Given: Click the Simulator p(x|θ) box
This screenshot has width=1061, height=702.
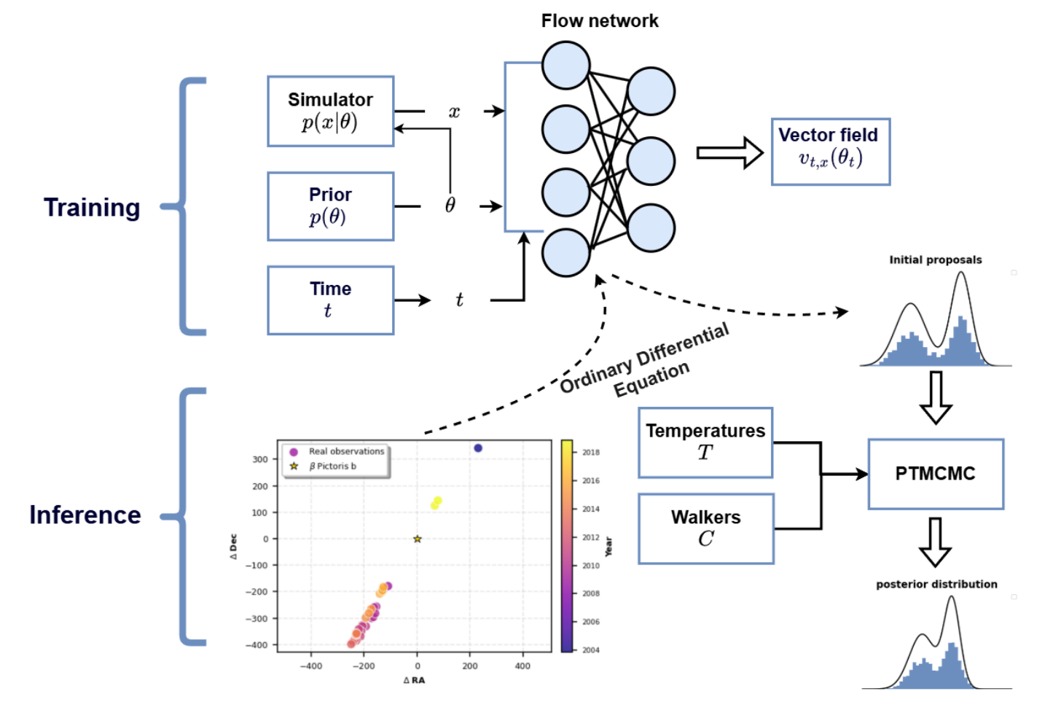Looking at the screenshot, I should [x=330, y=112].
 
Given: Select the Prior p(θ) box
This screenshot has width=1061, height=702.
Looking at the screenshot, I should [x=330, y=206].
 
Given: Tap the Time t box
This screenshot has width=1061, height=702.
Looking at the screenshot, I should [x=330, y=300].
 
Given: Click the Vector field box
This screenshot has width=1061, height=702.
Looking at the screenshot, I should [x=830, y=152].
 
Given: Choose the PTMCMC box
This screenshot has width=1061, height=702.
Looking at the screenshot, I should [x=935, y=474].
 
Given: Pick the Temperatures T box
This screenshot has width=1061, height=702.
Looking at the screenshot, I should [x=705, y=442].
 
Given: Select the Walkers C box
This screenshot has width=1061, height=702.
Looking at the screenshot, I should [x=705, y=529].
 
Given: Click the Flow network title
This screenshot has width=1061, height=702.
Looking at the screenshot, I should [x=599, y=21].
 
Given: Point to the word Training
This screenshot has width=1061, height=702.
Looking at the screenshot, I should [x=92, y=208].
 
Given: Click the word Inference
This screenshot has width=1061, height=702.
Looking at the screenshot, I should [x=85, y=515].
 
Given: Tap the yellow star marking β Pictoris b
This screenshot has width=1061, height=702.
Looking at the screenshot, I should [x=418, y=539].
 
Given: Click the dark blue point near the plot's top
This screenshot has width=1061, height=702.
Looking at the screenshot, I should [x=478, y=448].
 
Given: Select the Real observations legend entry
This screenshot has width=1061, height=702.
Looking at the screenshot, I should [x=345, y=452].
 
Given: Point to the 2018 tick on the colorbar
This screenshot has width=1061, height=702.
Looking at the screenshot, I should [x=590, y=453].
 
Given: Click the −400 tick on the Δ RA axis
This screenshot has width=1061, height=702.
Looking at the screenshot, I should [x=310, y=666].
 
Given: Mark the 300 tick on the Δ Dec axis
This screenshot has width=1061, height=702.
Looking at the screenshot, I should [x=260, y=460].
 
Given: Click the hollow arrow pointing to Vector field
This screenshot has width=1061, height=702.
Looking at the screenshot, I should [x=729, y=152].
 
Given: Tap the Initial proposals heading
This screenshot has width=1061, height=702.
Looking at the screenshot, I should [x=935, y=260].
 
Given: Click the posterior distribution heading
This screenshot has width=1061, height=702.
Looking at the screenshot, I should [x=936, y=585].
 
